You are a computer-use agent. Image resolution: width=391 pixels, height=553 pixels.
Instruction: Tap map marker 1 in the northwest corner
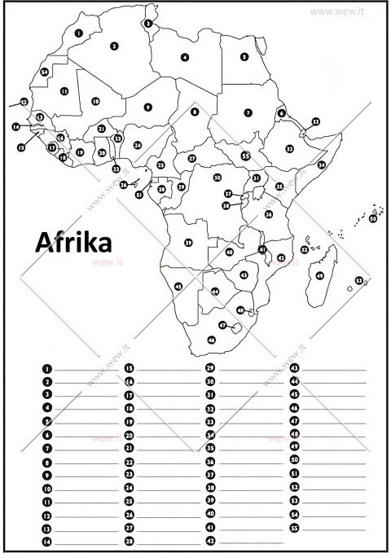click(x=77, y=33)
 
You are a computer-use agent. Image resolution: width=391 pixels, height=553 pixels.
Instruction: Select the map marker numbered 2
click(x=115, y=46)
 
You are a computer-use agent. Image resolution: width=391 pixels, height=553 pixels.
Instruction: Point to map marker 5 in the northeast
click(x=244, y=57)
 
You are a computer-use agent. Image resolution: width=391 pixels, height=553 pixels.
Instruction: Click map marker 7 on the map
click(x=248, y=112)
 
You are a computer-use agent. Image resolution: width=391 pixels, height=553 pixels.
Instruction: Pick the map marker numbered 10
click(x=95, y=101)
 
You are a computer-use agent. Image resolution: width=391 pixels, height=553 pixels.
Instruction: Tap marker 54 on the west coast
click(x=45, y=72)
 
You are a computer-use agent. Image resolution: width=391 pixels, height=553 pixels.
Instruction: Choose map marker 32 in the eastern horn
click(x=289, y=149)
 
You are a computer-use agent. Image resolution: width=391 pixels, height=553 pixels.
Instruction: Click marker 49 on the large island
click(x=320, y=276)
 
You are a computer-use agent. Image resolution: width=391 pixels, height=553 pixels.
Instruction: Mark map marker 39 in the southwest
click(x=188, y=243)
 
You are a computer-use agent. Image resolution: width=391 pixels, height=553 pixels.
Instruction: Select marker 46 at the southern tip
click(x=212, y=340)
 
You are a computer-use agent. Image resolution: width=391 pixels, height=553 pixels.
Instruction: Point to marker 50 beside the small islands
click(x=373, y=218)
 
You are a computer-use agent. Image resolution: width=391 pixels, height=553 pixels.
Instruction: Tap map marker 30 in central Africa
click(x=217, y=177)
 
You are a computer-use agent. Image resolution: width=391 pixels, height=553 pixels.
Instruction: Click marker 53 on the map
click(x=359, y=280)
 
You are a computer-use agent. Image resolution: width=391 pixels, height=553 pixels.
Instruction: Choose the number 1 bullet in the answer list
click(x=46, y=368)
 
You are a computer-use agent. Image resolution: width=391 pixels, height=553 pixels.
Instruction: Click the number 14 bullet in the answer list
click(x=46, y=541)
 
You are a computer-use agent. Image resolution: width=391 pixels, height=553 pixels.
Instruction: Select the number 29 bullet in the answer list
click(x=209, y=368)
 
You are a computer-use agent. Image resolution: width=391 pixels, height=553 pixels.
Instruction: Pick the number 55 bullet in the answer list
click(x=295, y=528)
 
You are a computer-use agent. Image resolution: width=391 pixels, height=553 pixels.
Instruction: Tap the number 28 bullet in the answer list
click(x=129, y=541)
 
